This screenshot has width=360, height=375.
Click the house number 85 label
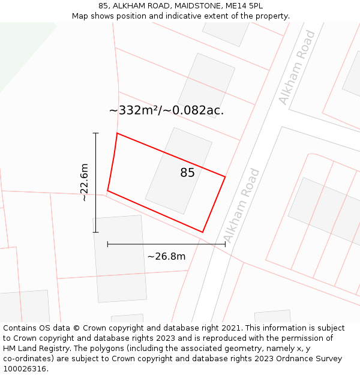[187, 173]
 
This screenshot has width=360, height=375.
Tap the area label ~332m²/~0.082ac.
[166, 110]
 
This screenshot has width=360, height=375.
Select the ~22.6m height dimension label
[85, 182]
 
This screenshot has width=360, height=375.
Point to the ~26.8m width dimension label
[166, 257]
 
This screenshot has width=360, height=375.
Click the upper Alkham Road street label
[297, 67]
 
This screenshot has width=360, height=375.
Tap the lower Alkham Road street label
[242, 205]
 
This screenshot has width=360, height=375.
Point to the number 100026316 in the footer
[25, 369]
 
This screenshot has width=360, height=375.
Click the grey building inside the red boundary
[178, 171]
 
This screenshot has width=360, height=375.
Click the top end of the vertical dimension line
[95, 133]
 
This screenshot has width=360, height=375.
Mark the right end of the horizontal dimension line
[225, 244]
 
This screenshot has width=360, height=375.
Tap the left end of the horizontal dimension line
[107, 244]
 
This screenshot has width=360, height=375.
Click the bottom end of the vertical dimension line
[95, 232]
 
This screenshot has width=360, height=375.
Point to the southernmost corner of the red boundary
[203, 232]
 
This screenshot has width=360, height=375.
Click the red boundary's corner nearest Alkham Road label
[225, 176]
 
